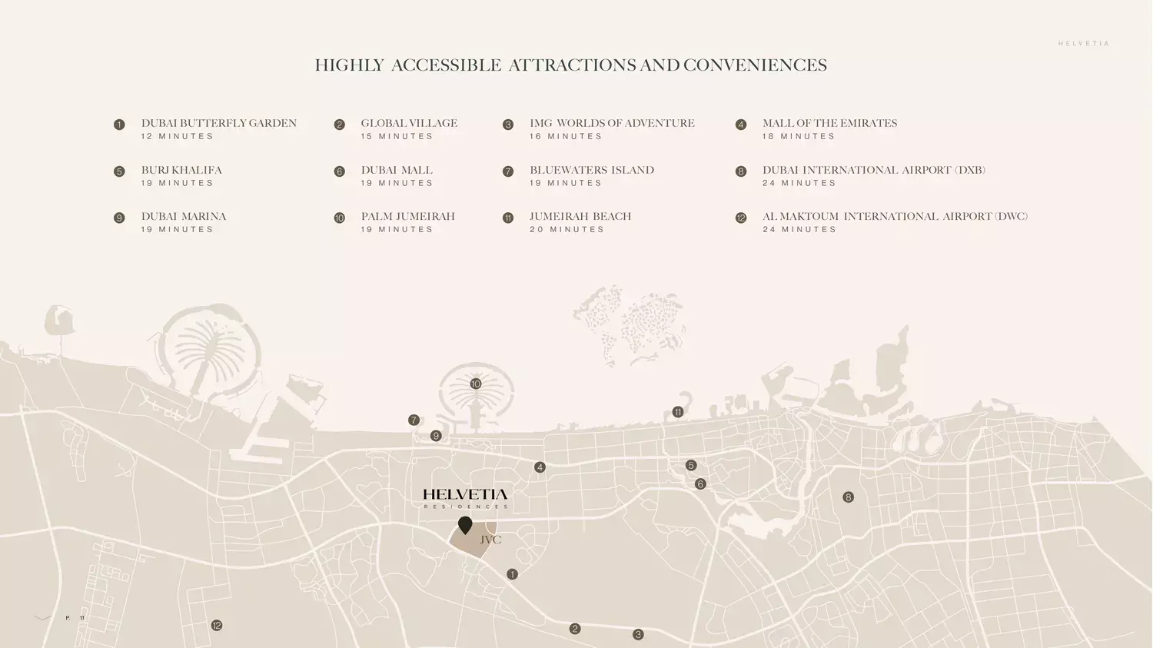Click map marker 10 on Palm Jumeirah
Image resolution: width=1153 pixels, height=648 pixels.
475,384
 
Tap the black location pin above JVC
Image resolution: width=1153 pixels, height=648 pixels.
465,525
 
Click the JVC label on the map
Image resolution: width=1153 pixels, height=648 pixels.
490,540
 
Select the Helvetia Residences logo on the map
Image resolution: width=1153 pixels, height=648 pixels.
465,498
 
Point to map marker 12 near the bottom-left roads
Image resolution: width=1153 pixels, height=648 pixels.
217,626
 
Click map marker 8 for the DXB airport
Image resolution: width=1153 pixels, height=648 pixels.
848,497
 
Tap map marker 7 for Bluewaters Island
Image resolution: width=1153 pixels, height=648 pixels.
414,420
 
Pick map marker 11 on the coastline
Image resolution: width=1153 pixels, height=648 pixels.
677,412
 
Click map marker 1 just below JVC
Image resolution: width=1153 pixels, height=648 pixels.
512,574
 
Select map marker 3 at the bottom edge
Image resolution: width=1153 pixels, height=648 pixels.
638,635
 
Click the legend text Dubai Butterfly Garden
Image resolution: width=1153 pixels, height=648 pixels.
219,123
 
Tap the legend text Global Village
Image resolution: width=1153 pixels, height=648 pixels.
409,123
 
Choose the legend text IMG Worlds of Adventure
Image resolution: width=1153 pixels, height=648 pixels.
612,123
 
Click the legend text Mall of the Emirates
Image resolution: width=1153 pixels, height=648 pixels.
829,123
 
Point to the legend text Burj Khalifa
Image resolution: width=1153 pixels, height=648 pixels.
181,170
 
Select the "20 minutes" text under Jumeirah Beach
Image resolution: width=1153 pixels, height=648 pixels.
567,229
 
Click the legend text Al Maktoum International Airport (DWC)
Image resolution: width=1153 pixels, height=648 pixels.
895,216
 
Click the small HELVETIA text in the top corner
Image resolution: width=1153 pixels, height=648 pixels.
1084,44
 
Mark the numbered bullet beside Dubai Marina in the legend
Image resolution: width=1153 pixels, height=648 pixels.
119,218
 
